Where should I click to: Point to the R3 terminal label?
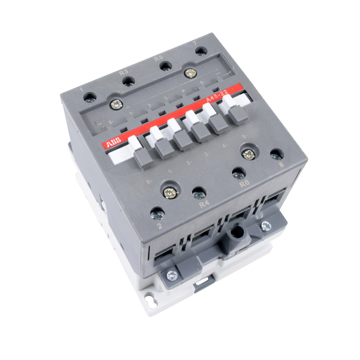pos(124,71)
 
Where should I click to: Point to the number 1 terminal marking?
pos(83,89)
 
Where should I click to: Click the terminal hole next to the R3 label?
pos(128,82)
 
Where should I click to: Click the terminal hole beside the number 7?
pos(200,51)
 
